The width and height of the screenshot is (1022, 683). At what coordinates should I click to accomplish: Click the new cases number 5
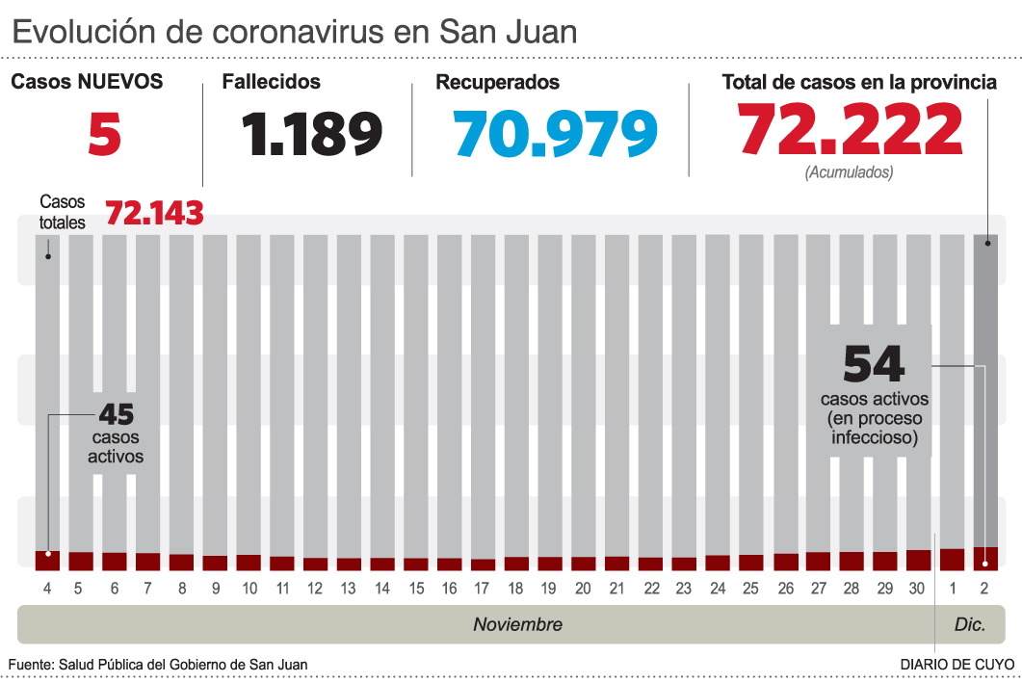click(x=104, y=133)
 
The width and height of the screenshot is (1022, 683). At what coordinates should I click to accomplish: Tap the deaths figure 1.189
click(x=312, y=133)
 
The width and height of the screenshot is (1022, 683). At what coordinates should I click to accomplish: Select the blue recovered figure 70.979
click(x=557, y=133)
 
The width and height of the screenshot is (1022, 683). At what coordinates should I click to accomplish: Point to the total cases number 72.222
click(x=851, y=129)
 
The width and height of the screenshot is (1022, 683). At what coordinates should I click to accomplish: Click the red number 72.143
click(x=154, y=213)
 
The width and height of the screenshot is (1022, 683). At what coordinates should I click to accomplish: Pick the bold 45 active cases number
click(x=116, y=415)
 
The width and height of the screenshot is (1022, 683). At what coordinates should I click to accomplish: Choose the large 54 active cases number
click(x=874, y=364)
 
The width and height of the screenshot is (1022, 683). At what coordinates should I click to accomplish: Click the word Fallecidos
click(x=271, y=83)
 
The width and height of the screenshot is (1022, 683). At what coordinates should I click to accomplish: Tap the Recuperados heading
click(x=497, y=83)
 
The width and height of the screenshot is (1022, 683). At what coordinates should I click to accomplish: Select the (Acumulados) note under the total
click(x=849, y=172)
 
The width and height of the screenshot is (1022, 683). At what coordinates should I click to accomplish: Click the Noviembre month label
click(x=517, y=624)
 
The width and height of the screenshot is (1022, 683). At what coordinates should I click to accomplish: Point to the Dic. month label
click(x=969, y=624)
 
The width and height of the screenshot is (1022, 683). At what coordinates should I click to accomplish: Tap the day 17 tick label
click(x=483, y=588)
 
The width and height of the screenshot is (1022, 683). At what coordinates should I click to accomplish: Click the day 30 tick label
click(x=918, y=588)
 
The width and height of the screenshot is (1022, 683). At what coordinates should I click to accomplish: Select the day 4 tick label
click(x=47, y=588)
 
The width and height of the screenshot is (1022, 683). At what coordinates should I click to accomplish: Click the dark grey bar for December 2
click(x=984, y=385)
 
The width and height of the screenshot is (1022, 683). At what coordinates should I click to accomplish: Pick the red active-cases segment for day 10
click(x=249, y=563)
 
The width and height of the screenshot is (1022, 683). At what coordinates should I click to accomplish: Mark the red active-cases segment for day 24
click(x=718, y=563)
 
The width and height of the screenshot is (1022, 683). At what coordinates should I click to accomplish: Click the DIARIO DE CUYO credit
click(x=956, y=665)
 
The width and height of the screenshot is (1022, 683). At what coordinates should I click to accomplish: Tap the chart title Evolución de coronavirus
click(x=294, y=31)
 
